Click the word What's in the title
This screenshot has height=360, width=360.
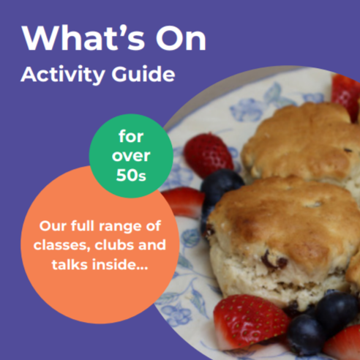(83, 38)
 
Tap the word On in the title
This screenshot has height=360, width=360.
(181, 38)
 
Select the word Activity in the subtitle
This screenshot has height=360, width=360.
(63, 75)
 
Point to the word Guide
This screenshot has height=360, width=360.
(143, 73)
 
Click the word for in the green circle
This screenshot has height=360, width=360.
(131, 136)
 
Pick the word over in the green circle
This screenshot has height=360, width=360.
(131, 156)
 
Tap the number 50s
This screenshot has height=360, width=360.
(131, 175)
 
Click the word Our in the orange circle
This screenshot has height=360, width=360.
(53, 226)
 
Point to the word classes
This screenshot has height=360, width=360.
(62, 245)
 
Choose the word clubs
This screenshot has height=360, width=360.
(114, 245)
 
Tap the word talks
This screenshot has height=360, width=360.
(70, 264)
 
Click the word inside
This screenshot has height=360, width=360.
(120, 264)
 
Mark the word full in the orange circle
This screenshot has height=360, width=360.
(83, 225)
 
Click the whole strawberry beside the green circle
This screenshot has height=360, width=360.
(208, 155)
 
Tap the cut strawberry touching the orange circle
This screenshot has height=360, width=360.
(184, 202)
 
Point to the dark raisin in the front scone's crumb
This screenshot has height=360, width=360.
(273, 261)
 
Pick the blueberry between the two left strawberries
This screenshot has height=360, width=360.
(222, 187)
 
